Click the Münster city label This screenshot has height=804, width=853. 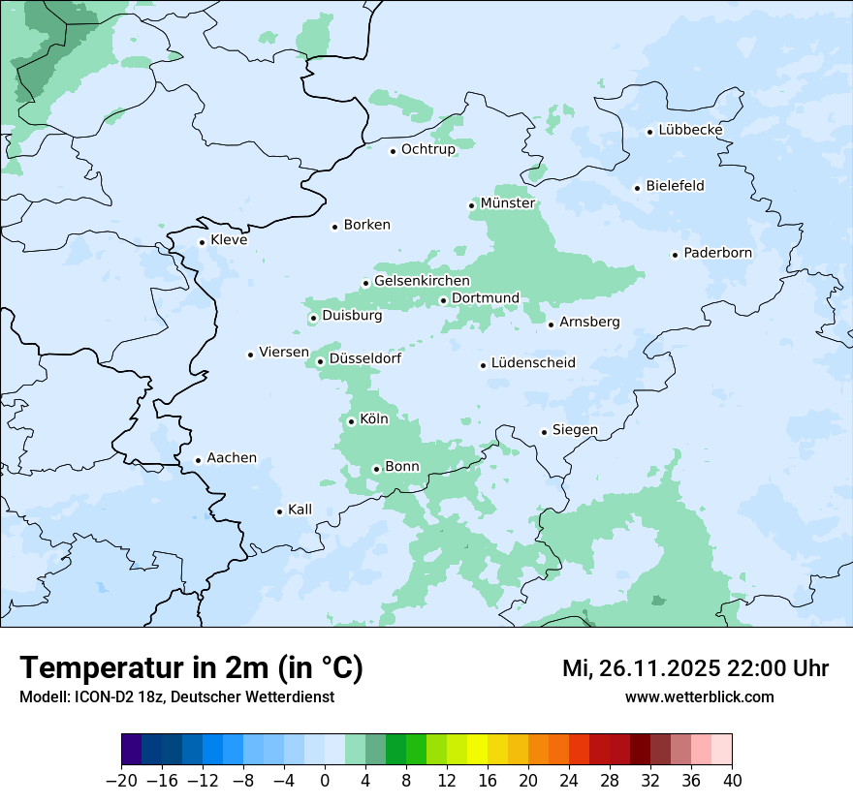507,203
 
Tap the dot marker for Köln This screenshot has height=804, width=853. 351,421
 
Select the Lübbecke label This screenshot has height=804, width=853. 690,130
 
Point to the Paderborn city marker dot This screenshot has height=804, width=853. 675,255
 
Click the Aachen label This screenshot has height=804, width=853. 232,458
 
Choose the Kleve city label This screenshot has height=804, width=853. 229,240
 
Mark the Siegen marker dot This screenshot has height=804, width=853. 544,432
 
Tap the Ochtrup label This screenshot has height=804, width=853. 427,149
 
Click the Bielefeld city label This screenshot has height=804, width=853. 675,186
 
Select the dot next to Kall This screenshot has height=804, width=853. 279,511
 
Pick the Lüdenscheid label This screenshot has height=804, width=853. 533,363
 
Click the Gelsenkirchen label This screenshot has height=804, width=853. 422,281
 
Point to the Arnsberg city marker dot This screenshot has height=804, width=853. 551,324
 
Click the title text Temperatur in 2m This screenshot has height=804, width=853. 191,668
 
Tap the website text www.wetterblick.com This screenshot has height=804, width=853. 699,697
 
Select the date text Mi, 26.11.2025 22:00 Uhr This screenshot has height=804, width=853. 695,669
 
